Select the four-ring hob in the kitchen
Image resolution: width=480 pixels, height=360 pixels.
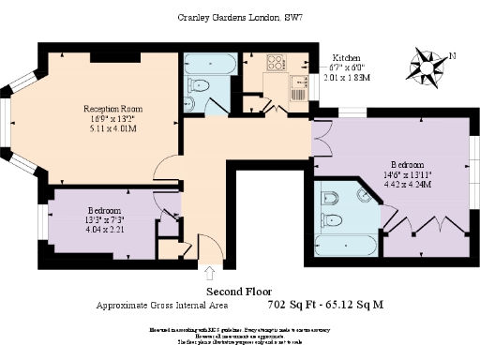click(277, 63)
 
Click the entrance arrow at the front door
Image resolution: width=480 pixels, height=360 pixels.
click(207, 273)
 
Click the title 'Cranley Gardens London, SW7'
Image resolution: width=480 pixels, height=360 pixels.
click(239, 17)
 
